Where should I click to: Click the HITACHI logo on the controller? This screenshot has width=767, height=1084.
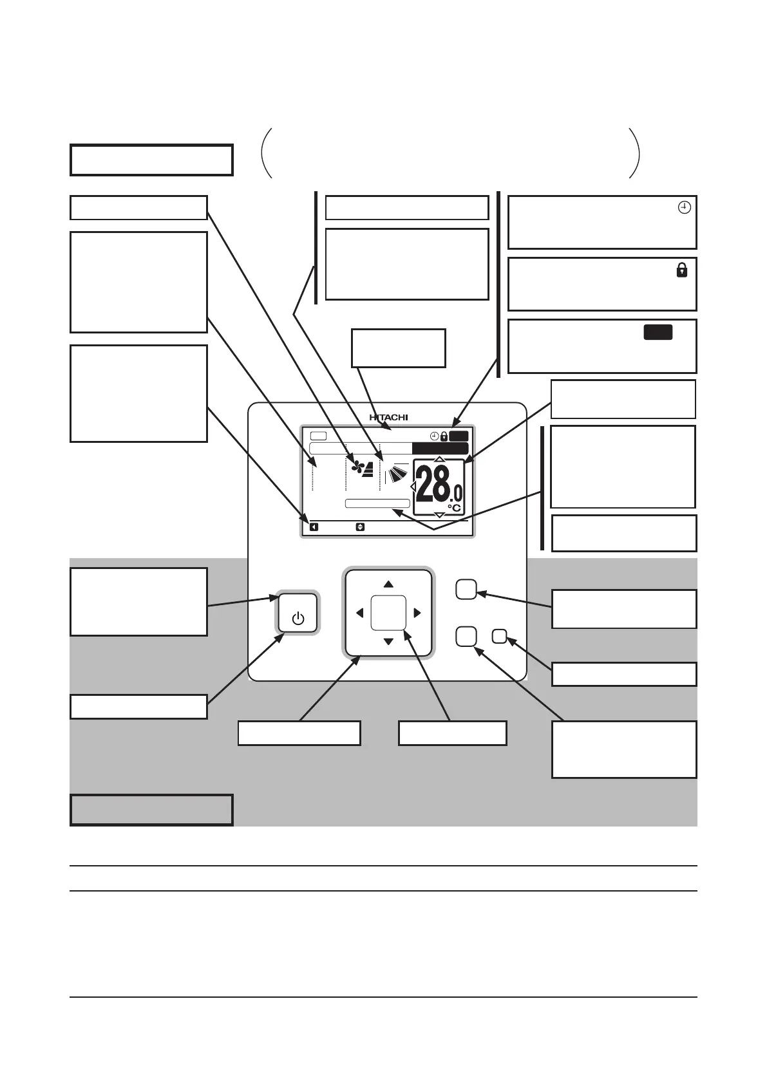pyautogui.click(x=388, y=417)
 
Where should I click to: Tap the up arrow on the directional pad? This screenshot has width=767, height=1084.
pyautogui.click(x=388, y=584)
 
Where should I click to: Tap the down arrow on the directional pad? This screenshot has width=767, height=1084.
pyautogui.click(x=388, y=642)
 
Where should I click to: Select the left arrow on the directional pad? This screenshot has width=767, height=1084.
pyautogui.click(x=359, y=613)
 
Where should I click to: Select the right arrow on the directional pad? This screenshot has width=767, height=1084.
pyautogui.click(x=417, y=613)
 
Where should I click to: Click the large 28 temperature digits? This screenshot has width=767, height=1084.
pyautogui.click(x=432, y=485)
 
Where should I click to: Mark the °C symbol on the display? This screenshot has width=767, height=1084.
pyautogui.click(x=455, y=508)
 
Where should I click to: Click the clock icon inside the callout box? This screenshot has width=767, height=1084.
pyautogui.click(x=685, y=207)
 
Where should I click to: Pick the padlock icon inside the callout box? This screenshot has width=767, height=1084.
pyautogui.click(x=681, y=270)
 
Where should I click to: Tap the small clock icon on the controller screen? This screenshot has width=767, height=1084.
pyautogui.click(x=435, y=436)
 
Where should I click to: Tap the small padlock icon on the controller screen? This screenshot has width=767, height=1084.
pyautogui.click(x=444, y=436)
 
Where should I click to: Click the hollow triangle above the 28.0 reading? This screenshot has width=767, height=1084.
pyautogui.click(x=439, y=459)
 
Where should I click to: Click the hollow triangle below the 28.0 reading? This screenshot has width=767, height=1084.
pyautogui.click(x=439, y=515)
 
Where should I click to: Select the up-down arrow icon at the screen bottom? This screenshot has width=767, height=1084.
pyautogui.click(x=360, y=527)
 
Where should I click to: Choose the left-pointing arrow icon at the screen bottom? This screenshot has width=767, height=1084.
pyautogui.click(x=314, y=527)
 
